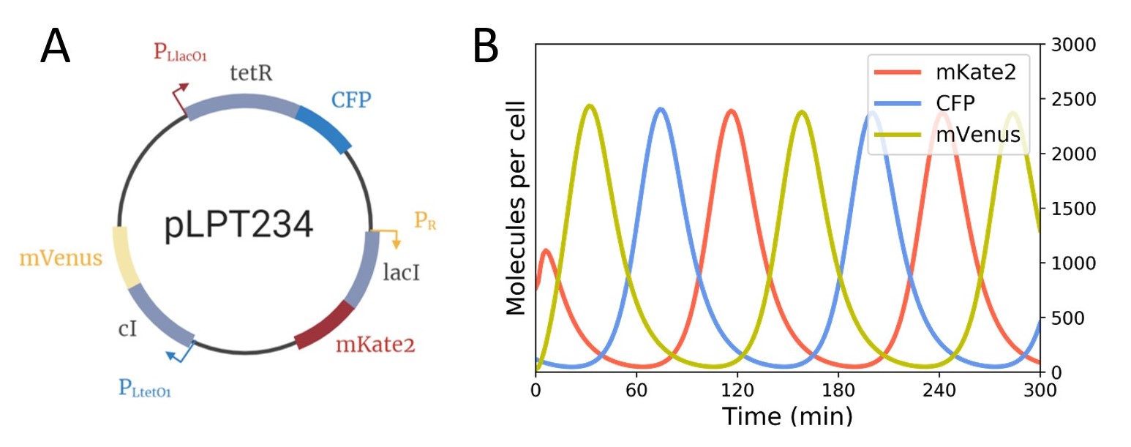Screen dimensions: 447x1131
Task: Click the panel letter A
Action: coord(56,48)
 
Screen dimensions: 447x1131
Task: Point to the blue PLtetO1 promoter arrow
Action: coord(180,352)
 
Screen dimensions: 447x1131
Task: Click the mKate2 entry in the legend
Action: coord(944,73)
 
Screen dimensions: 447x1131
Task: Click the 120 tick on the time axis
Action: coord(737,388)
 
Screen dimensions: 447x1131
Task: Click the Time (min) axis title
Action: coord(787,416)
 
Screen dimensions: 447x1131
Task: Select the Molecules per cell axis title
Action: coord(517,208)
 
